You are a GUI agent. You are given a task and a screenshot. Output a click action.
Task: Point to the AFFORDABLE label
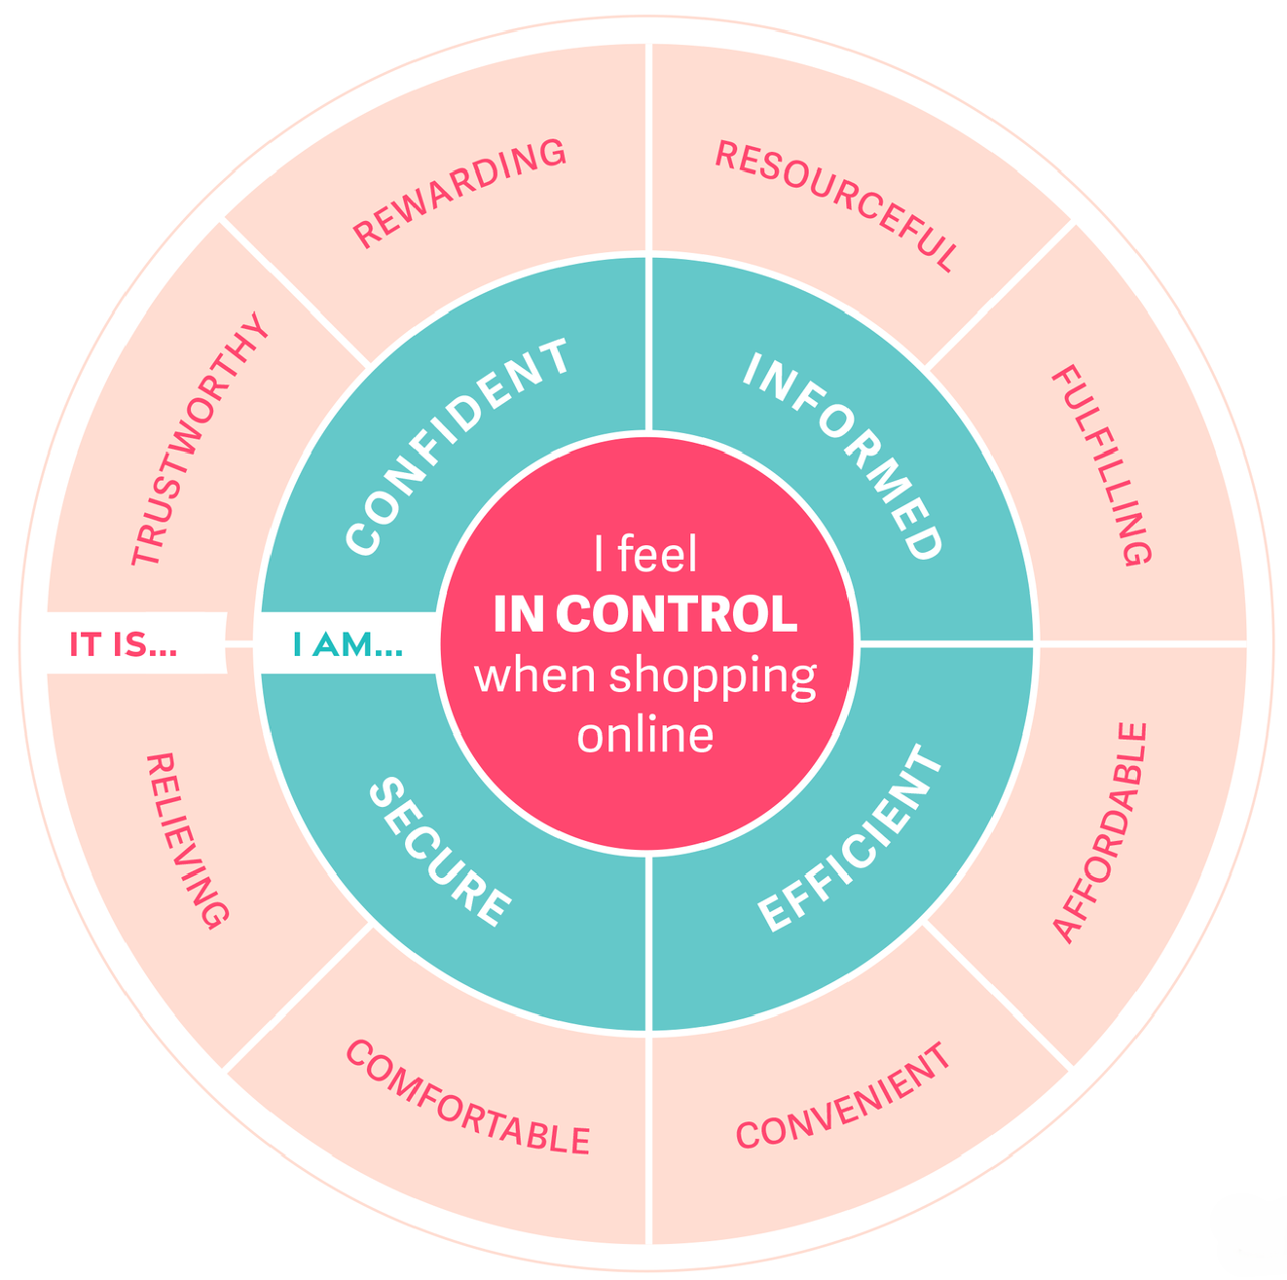pos(1101,832)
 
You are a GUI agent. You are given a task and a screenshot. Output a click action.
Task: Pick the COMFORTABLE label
pos(467,1097)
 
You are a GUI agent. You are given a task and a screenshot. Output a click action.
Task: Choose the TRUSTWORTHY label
pos(199,439)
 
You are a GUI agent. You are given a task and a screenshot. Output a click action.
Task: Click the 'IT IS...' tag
pos(124,644)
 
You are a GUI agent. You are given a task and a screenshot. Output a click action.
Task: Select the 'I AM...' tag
pos(348,644)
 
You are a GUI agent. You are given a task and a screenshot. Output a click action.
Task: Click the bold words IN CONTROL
pos(645,614)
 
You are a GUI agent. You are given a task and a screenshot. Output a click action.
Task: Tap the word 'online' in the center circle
pos(645,734)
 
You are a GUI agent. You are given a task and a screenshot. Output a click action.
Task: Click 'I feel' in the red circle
pos(645,555)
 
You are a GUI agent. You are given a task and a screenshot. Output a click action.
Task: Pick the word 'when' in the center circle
pos(535,676)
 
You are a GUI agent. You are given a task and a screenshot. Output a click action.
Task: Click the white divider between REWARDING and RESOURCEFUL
pos(648,146)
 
